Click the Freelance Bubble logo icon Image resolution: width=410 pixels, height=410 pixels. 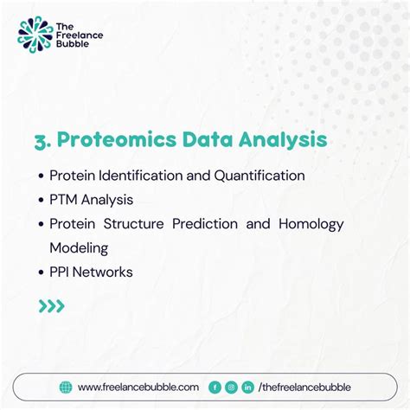coord(35,34)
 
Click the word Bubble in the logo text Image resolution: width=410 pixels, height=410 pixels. coord(74,44)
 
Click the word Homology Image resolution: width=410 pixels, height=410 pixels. coord(311,224)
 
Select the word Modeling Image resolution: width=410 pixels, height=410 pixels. coord(79,248)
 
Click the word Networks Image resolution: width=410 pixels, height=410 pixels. coord(105,272)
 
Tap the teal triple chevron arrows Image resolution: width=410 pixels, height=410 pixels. coord(51,305)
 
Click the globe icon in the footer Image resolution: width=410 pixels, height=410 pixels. coord(66,388)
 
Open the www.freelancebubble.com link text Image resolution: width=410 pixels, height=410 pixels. coord(138,388)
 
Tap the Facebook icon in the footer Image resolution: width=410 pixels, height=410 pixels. coord(215,388)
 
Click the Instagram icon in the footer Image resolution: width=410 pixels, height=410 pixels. coord(231,388)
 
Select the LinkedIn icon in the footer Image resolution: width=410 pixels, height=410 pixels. coord(247,388)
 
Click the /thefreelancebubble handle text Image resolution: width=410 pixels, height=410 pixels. coord(304,388)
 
